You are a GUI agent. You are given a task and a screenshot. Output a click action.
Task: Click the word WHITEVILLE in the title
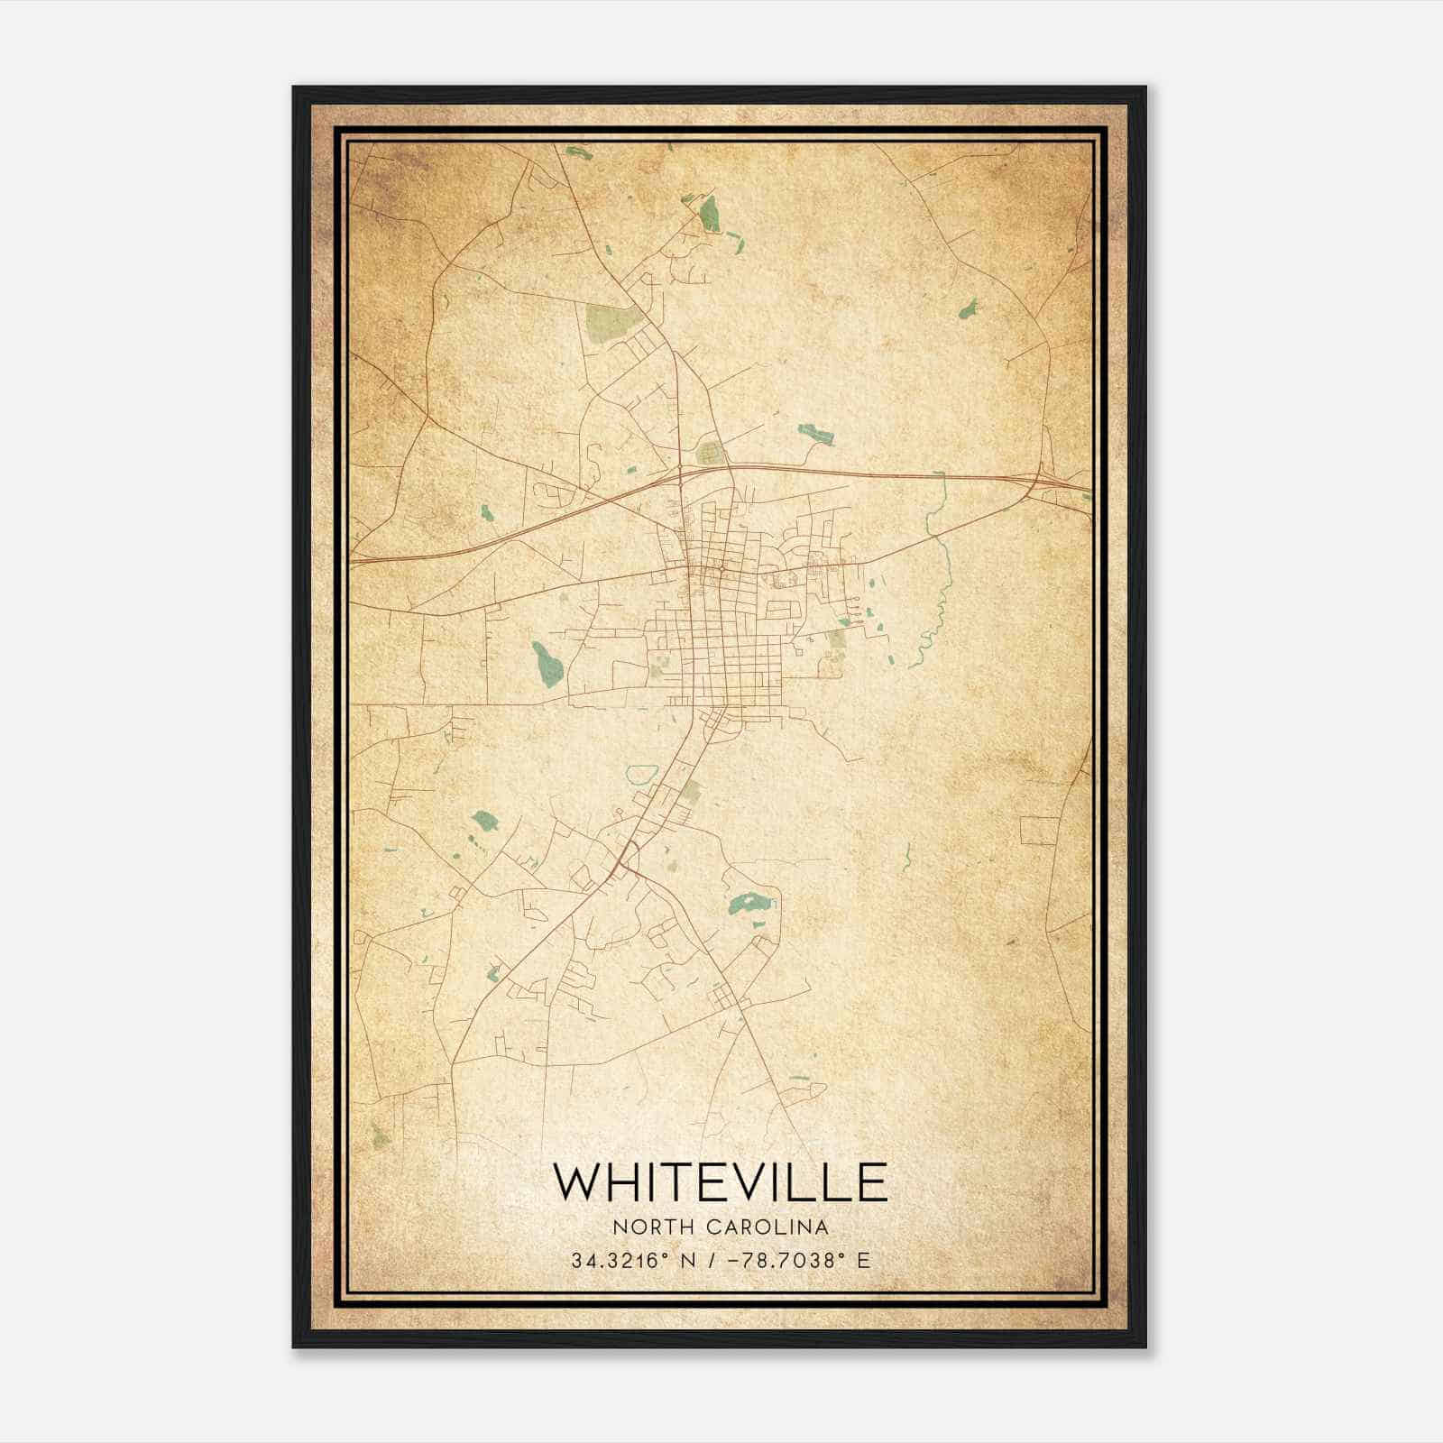[x=720, y=1182]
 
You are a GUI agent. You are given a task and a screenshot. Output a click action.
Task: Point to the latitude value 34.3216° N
[x=630, y=1261]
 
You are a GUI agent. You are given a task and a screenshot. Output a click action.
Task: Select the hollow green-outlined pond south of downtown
[x=641, y=774]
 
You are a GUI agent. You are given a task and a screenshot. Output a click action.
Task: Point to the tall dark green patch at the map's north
[x=710, y=214]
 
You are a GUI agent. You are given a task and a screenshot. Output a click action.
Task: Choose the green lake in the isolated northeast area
[x=968, y=310]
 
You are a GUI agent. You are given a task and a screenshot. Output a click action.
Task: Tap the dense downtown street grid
[x=721, y=622]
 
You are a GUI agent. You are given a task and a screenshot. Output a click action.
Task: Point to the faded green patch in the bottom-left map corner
[x=381, y=1136]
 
